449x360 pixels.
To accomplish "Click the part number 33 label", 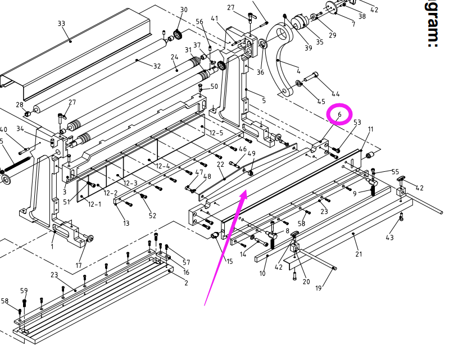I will click(x=61, y=23).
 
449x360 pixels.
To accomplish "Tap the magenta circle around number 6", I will click(x=339, y=114).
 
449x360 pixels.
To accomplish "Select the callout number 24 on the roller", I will click(x=174, y=57).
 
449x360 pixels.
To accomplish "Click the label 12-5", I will click(x=216, y=133).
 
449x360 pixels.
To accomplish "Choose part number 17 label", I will click(x=79, y=266).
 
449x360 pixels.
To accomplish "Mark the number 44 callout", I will click(x=336, y=94).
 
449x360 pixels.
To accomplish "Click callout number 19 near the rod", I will click(x=318, y=288).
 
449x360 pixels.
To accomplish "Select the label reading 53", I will click(x=357, y=122).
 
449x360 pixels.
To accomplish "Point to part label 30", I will click(x=184, y=10).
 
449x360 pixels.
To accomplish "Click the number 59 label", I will click(x=24, y=290).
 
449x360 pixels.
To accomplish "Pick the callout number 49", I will click(x=251, y=153).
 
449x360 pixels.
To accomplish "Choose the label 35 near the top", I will click(x=320, y=42).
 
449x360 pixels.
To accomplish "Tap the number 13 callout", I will click(x=126, y=224).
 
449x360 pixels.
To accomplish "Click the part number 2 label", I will click(x=186, y=284).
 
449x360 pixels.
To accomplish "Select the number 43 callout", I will click(x=389, y=238).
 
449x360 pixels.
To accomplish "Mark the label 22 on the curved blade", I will click(x=221, y=163).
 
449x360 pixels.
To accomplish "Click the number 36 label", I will click(x=260, y=72).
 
